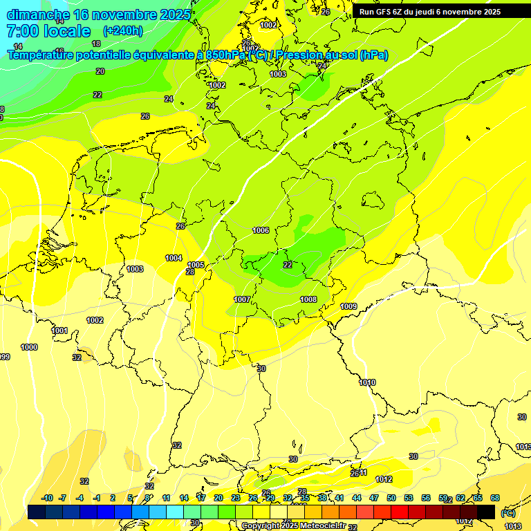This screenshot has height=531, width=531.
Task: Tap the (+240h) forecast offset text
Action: point(122,30)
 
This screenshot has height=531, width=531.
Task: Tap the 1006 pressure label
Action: point(261,230)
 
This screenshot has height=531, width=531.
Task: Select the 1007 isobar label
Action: point(242,299)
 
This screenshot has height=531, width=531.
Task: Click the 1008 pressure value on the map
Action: point(308,299)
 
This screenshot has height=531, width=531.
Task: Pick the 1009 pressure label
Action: point(348,306)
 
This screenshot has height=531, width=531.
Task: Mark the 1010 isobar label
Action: point(367,382)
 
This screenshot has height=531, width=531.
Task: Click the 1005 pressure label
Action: point(196,265)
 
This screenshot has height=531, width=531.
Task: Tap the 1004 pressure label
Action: point(174,258)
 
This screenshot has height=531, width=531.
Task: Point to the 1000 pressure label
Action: point(29,347)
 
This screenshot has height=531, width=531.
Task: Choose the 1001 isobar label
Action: point(59,330)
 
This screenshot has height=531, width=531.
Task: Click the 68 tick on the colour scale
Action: point(495,498)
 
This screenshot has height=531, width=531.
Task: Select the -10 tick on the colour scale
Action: point(48,498)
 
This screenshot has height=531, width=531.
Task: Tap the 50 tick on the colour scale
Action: point(391,498)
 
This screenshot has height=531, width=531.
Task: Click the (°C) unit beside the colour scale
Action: point(507,513)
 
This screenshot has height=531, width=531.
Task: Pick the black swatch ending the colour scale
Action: point(486,512)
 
